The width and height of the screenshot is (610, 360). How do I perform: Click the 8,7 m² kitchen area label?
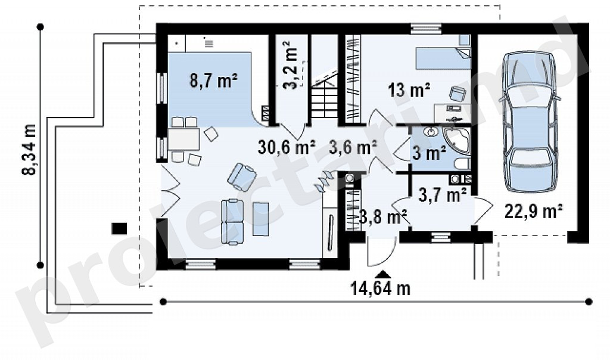tap(214, 81)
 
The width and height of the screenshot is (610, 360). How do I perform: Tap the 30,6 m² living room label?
tap(287, 147)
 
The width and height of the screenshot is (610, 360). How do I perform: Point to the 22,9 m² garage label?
tap(533, 212)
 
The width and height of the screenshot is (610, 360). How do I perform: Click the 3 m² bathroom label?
tap(429, 153)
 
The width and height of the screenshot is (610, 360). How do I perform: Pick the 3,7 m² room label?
tap(443, 194)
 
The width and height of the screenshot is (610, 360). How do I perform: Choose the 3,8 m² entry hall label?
tap(383, 216)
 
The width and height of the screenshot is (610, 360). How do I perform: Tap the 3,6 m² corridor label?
tap(353, 147)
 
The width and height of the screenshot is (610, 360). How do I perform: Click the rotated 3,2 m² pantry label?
tap(291, 65)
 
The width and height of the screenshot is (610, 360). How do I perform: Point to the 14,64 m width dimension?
tap(381, 289)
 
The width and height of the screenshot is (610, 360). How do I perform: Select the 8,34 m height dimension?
tap(29, 150)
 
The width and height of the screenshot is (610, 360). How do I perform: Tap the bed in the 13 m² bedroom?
tap(443, 58)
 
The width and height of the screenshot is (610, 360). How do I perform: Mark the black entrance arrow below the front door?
tap(383, 274)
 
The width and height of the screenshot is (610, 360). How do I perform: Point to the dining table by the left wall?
tap(183, 139)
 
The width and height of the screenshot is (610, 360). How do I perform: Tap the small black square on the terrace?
tap(119, 228)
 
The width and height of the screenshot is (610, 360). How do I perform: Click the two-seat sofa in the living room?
tap(233, 222)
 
